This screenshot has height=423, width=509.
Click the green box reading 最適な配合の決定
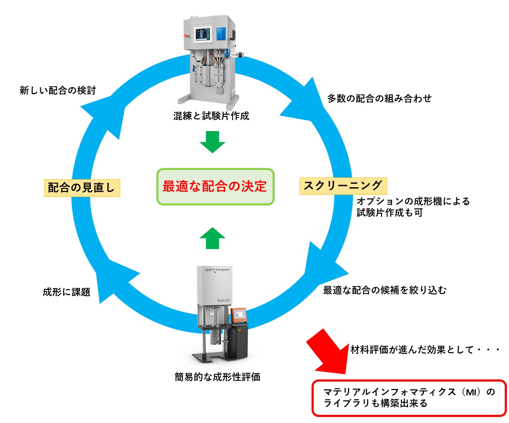click(x=215, y=186)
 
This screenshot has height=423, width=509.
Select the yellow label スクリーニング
click(x=343, y=186)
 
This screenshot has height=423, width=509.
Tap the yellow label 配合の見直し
click(x=82, y=188)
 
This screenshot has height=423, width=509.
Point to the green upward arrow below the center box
click(x=212, y=238)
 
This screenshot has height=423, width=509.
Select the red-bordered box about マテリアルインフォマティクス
click(x=409, y=398)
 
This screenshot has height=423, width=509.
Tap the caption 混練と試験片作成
click(x=211, y=116)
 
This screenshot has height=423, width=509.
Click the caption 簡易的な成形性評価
click(x=218, y=377)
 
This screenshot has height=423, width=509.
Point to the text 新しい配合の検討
click(x=58, y=90)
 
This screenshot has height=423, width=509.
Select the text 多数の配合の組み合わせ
click(x=379, y=98)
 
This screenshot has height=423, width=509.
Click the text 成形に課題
click(x=67, y=292)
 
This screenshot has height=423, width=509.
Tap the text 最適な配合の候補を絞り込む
click(x=385, y=290)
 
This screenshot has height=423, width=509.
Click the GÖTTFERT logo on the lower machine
click(x=217, y=270)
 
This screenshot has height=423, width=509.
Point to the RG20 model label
click(x=224, y=300)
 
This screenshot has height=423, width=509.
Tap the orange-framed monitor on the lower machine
click(x=239, y=315)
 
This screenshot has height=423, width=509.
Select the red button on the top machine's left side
click(x=185, y=35)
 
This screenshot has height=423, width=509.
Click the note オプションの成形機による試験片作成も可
click(x=413, y=207)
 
